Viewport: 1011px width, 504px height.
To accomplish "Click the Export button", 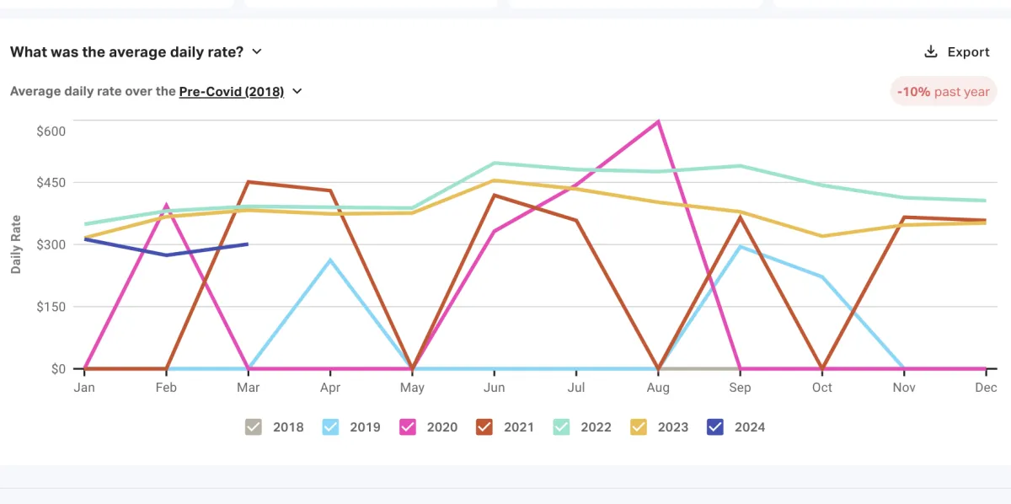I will [957, 52].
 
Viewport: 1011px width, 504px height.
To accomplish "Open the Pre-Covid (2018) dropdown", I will [240, 92].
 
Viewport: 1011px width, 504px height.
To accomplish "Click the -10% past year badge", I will [944, 92].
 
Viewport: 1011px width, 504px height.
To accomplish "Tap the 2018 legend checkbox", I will [254, 427].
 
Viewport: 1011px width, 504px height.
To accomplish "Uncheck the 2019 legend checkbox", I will [331, 427].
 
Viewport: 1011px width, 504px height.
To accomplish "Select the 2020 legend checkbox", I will [408, 427].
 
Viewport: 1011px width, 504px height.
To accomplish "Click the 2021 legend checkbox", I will [484, 427].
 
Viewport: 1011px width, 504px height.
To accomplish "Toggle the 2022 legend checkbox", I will [561, 427].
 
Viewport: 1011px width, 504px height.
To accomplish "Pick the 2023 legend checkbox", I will [639, 427].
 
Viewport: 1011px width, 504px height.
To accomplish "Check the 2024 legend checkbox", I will [715, 427].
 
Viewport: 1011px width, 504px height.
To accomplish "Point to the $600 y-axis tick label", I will [51, 131].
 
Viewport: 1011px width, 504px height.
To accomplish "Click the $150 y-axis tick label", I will [51, 307].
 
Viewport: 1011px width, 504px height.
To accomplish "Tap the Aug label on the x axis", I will [658, 388].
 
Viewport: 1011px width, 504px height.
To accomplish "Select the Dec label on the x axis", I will [986, 388].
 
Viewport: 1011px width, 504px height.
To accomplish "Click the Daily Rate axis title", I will [17, 244].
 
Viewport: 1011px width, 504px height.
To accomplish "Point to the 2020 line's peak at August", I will [658, 121].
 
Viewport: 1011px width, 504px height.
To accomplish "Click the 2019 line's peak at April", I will [330, 260].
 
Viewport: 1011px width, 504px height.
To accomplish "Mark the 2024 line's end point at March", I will [248, 244].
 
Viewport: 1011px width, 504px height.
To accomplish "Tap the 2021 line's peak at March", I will [249, 181].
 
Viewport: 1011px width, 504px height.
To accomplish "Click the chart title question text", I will [126, 52].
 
